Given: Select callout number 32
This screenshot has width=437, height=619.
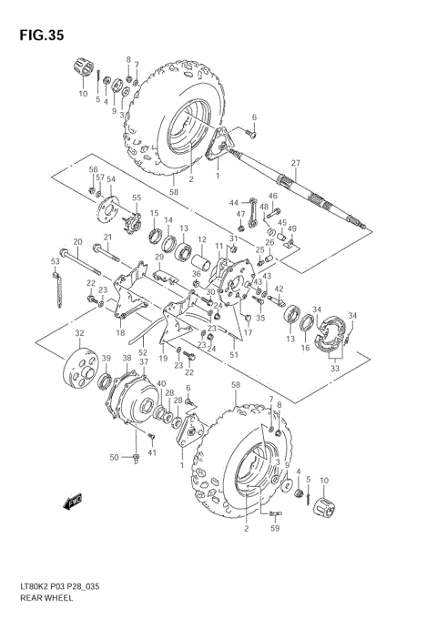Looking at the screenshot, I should pos(79,333).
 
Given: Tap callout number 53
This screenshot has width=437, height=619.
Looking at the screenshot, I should pos(55,261).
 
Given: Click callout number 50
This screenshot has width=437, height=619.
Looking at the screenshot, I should pos(115,456).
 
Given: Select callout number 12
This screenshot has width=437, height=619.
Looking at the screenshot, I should pos(201,241).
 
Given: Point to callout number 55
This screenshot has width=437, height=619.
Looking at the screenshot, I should pos(137,198).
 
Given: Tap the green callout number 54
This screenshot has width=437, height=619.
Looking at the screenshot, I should pos(112,181).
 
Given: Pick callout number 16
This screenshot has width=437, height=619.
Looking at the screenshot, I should pos(306,347).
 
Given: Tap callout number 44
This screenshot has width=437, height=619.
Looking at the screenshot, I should pos(233,202).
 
